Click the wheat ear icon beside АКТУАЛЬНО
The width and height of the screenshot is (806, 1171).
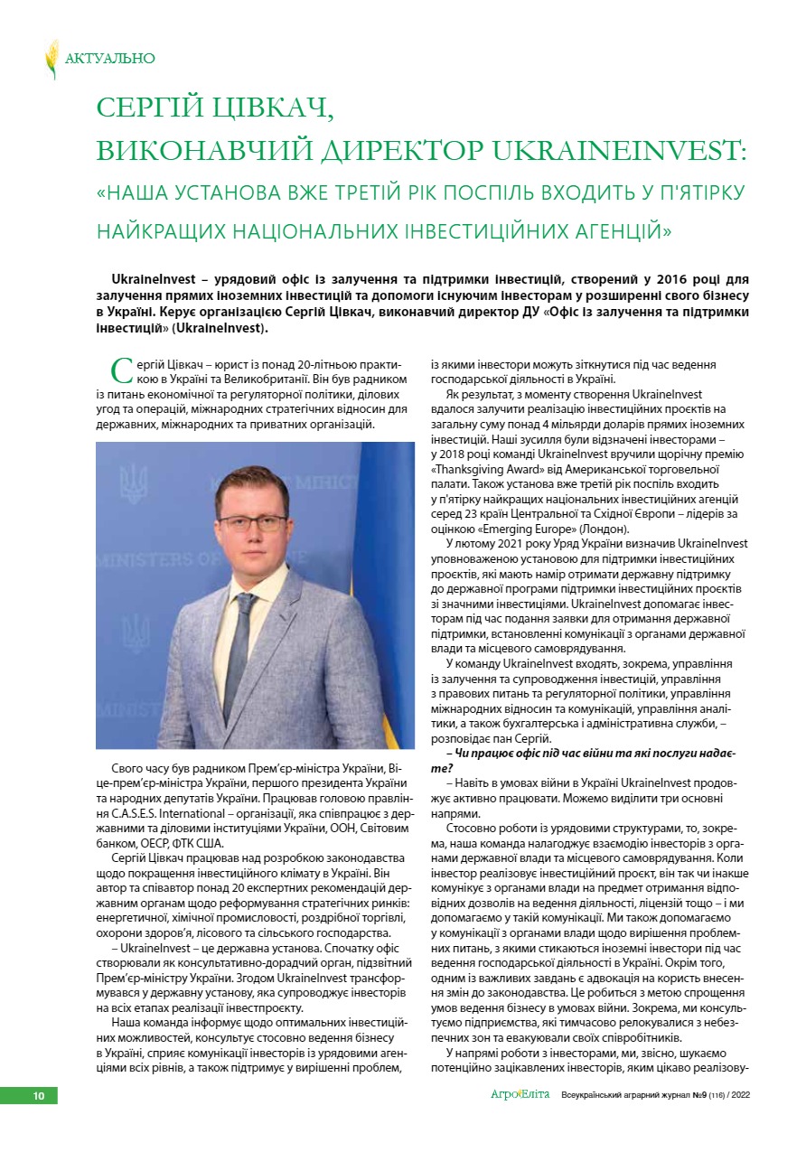52,59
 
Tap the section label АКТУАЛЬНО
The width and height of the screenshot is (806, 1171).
110,59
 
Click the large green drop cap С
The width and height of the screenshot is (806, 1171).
120,370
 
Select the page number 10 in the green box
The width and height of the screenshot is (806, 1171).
39,1096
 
